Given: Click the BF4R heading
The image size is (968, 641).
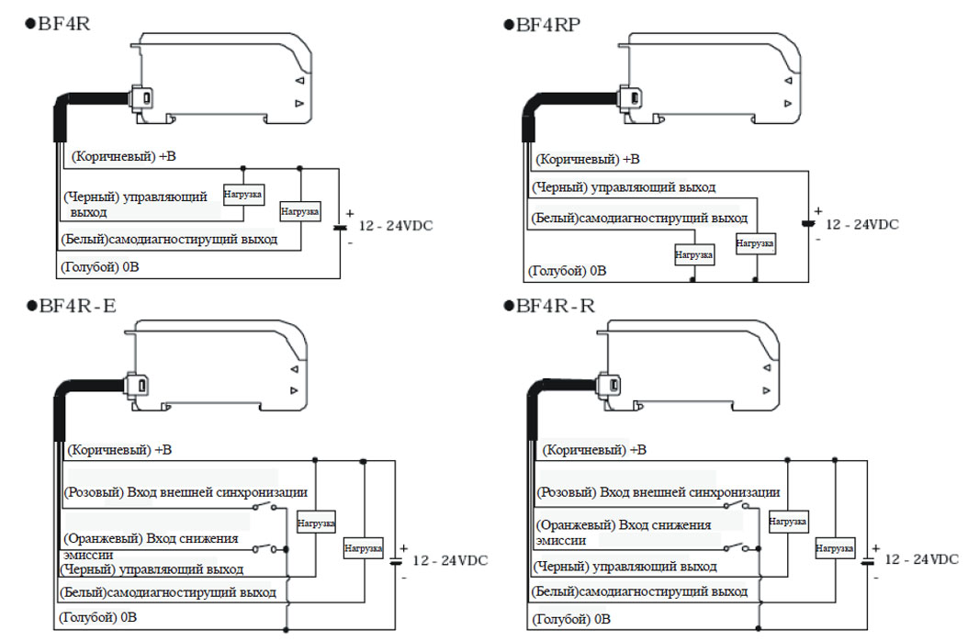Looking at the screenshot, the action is point(58,24).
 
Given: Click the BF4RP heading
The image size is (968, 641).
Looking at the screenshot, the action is point(542,25).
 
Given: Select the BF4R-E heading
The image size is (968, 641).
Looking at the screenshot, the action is point(71,306).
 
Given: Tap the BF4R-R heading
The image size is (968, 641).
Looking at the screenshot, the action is point(549,306).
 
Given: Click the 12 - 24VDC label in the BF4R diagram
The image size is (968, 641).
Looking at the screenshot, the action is point(396,226).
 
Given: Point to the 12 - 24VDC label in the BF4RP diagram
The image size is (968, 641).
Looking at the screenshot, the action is point(861,225).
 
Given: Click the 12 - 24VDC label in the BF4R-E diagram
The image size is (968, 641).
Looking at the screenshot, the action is point(450,561).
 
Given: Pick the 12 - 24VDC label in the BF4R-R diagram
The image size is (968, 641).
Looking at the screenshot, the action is point(921,559).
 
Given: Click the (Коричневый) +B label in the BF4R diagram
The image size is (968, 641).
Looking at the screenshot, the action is point(123,156).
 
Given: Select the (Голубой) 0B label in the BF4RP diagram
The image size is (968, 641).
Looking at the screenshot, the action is point(568,271).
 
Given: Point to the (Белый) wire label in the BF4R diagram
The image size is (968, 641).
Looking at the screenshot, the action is point(169,240).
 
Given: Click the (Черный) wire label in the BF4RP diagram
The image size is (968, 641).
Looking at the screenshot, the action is point(624,187).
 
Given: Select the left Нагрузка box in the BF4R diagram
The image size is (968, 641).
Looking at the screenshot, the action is point(243,195).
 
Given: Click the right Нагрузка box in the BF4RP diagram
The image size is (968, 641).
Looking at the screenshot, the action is point(755,243).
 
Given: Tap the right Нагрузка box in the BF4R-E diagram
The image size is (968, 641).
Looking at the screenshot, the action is point(363,547).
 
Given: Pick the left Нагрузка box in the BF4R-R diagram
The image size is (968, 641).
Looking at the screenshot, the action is point(788,522).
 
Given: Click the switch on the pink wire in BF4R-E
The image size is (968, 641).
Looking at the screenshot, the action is point(265,506).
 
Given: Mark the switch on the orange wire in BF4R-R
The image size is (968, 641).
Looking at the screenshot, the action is point(737,546).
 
